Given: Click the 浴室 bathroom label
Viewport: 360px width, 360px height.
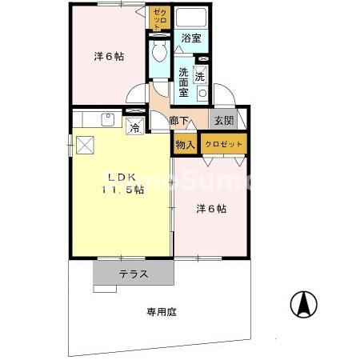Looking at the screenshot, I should coord(190,38).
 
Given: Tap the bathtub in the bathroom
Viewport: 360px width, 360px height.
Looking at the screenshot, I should coord(190,18).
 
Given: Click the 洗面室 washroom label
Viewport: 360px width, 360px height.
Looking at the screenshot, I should coord(183,80).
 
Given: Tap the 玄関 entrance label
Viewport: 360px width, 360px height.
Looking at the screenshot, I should coord(222,121).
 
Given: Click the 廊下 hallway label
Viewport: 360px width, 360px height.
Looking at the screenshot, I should coord(180,122).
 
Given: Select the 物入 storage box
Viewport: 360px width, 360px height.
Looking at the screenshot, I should coord(185,145).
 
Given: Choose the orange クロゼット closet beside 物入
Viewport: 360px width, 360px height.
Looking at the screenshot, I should coord(223,145).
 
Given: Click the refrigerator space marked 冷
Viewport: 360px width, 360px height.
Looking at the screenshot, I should coord(135,126).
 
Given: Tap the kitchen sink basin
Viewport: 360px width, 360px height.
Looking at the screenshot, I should coord(106,120).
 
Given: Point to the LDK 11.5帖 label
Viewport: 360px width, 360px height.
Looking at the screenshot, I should coord(122,183).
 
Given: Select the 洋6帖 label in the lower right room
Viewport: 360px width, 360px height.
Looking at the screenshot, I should coord(211,209).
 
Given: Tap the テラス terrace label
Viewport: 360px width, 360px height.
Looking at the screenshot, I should coord(134,274).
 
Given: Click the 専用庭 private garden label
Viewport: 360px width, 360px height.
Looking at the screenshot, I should coord(160,310).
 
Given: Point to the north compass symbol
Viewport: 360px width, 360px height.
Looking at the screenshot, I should coord(303,305).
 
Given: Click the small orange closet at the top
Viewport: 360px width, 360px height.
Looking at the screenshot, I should coord(158,18).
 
